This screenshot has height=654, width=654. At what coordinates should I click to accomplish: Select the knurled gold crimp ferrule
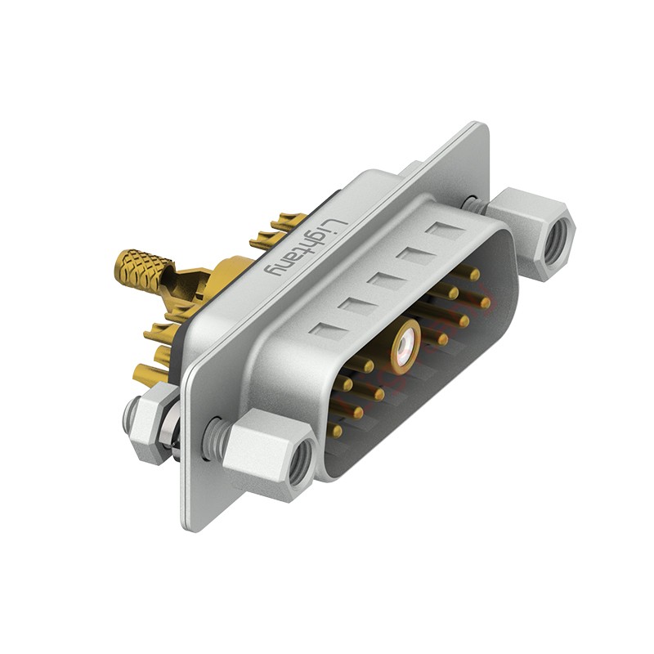(144, 272)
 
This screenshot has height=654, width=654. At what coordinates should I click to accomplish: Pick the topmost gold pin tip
(475, 275)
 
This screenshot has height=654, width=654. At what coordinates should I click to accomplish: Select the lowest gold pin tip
(337, 431)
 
